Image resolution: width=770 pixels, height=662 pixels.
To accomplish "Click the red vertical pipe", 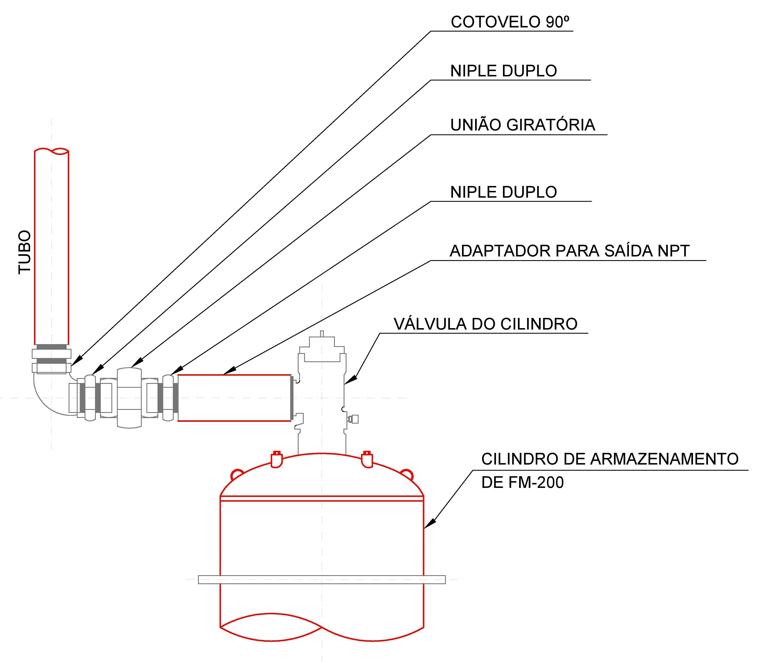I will tap(52, 247).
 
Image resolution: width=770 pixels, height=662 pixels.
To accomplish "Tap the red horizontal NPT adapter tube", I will tap(234, 398).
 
